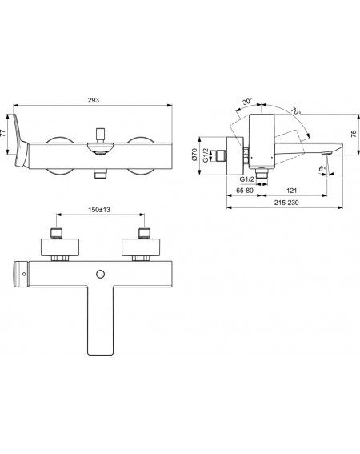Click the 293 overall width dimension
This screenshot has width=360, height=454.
coord(93,100)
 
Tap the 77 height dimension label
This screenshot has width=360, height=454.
coord(3,133)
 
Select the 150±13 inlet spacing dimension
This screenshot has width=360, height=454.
coord(99,210)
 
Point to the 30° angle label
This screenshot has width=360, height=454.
coord(247,102)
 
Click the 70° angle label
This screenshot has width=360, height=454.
coord(295,110)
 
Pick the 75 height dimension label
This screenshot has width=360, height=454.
coord(354,134)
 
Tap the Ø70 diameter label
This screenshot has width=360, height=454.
coord(194,155)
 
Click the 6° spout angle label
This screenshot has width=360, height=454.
coord(322,168)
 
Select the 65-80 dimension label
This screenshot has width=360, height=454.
coord(245,191)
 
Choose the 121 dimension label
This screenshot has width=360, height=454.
coord(292,191)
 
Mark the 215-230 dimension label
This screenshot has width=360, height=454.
coord(286,203)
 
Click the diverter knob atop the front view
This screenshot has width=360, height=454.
coord(101,135)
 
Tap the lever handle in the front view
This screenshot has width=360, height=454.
coord(20,141)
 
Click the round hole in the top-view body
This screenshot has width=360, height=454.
coord(101,274)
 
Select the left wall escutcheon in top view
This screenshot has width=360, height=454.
coord(60,247)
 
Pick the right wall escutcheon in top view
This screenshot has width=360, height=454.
coord(141,247)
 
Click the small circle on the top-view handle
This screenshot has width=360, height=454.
coord(24,274)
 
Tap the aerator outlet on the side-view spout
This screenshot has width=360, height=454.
coord(327,153)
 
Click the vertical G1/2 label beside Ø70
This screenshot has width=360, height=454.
coord(206,155)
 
